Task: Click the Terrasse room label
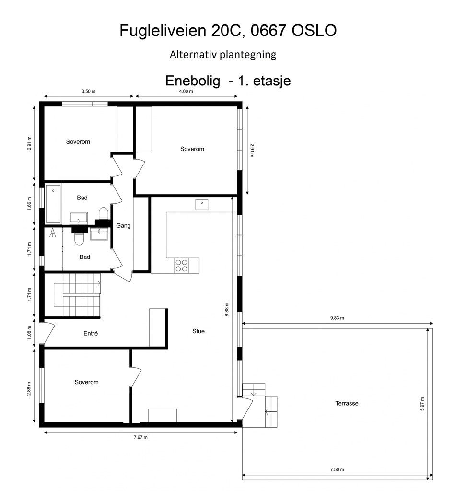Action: pyautogui.click(x=347, y=403)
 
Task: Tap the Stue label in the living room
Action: pyautogui.click(x=198, y=331)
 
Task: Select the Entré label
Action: pyautogui.click(x=90, y=333)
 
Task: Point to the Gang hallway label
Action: pyautogui.click(x=123, y=225)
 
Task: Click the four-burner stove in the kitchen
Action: pyautogui.click(x=181, y=265)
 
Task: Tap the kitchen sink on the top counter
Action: pyautogui.click(x=202, y=204)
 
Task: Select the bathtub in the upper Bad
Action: pyautogui.click(x=53, y=204)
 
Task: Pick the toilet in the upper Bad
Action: pyautogui.click(x=103, y=213)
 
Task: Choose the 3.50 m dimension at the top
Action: pyautogui.click(x=88, y=91)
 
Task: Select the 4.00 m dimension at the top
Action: pyautogui.click(x=186, y=91)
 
